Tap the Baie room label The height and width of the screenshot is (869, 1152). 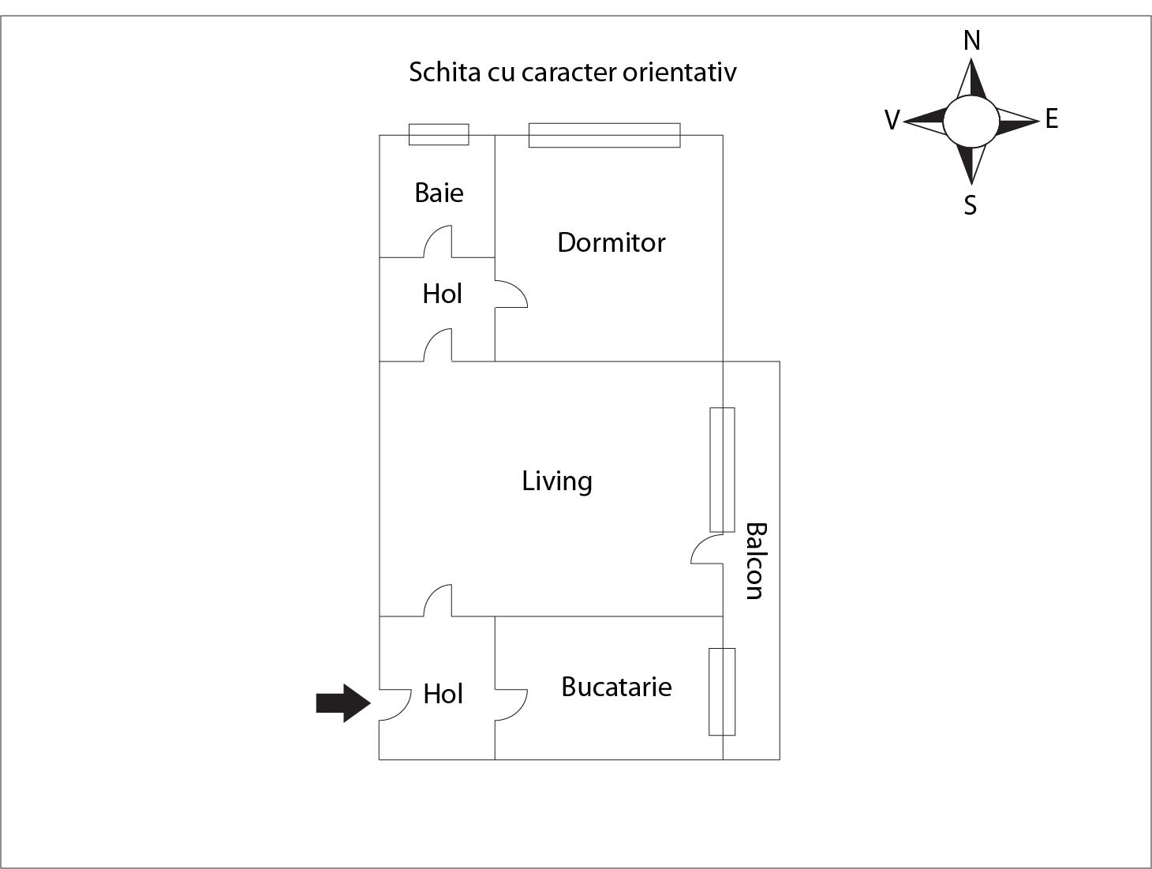(439, 193)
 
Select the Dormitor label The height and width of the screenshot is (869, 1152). (611, 242)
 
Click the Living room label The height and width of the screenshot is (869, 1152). (556, 481)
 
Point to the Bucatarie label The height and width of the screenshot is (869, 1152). (616, 687)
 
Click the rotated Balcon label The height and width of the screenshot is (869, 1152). (755, 560)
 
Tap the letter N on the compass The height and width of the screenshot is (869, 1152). (971, 40)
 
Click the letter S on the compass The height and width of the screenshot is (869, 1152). (971, 205)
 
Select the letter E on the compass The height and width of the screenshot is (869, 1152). (1051, 119)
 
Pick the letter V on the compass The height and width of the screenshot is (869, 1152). (892, 120)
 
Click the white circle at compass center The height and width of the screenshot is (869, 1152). (971, 121)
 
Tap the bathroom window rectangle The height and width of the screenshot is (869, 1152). (439, 134)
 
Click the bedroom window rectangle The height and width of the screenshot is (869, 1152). (604, 135)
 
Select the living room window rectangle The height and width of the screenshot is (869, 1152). (722, 470)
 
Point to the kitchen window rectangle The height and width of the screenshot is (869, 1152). (722, 691)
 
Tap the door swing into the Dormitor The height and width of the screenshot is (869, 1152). (510, 294)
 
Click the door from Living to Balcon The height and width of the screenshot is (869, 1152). (708, 549)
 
